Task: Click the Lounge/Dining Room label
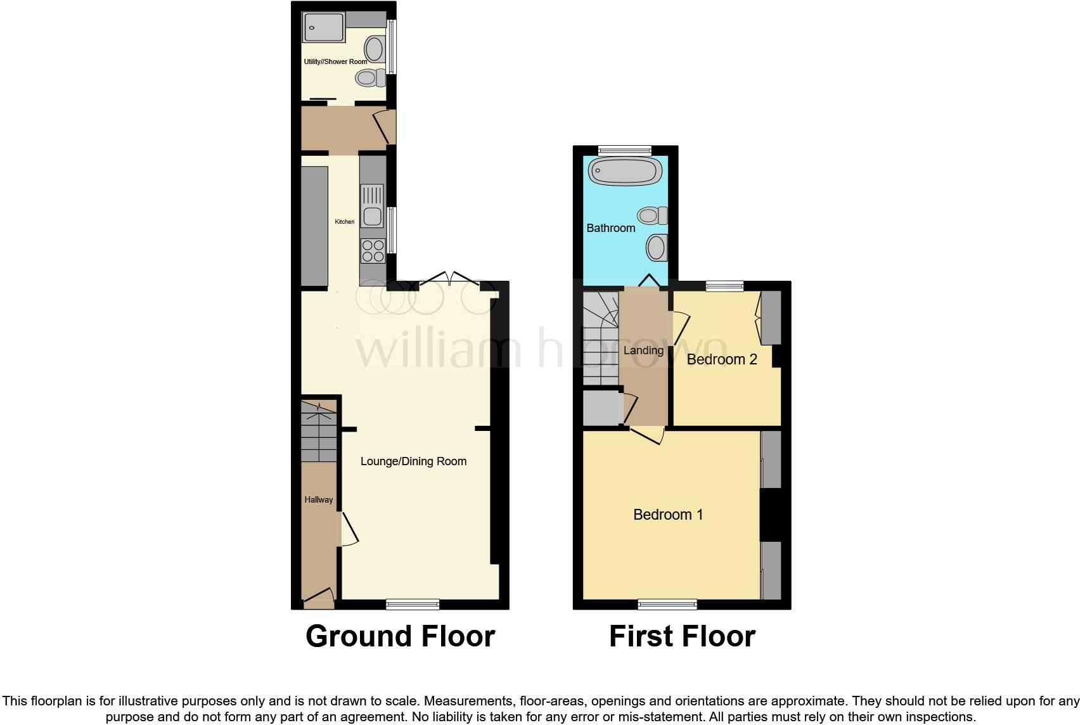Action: point(413,461)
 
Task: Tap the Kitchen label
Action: point(345,222)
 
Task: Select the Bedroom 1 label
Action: point(668,515)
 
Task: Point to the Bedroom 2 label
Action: point(722,359)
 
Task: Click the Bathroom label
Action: point(610,228)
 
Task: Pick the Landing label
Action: point(643,350)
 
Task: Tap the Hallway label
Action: point(318,499)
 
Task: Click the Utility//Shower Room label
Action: point(335,61)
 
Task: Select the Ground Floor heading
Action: point(400,636)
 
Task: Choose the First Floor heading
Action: point(682,636)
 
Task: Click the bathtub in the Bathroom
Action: point(625,171)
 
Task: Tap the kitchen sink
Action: point(372,206)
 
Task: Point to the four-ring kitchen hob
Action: point(373,251)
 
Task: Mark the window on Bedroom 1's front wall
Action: point(667,604)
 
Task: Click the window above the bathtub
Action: point(625,150)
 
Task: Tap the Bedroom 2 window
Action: point(725,286)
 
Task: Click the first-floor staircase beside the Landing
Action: point(600,337)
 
